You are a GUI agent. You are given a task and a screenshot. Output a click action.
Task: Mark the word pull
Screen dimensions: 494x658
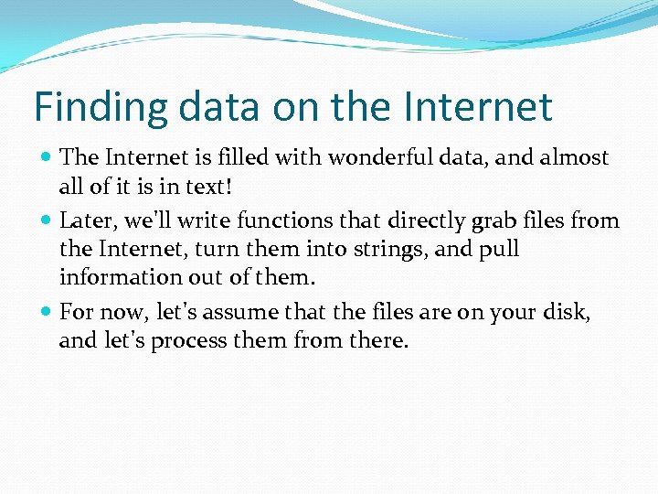coord(499,249)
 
